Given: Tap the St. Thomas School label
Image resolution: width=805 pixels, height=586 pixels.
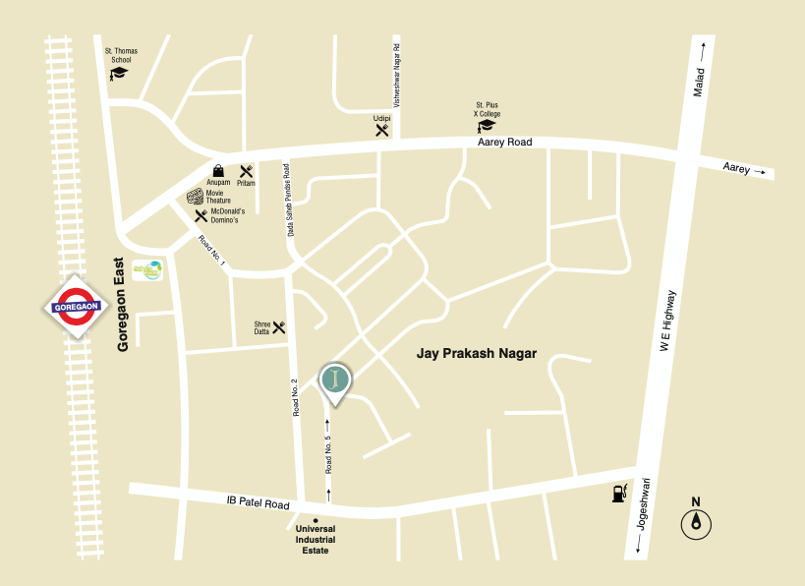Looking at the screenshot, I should [119, 55].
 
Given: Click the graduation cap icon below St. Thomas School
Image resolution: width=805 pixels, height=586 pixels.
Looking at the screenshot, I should [119, 73].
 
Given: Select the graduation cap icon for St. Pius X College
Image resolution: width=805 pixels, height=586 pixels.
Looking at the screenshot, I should [487, 125].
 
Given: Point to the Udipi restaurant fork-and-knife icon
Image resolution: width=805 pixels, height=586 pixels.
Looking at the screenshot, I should [382, 129].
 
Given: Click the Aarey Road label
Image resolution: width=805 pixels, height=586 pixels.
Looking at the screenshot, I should [504, 143].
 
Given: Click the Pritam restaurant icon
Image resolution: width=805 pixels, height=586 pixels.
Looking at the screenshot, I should [246, 172].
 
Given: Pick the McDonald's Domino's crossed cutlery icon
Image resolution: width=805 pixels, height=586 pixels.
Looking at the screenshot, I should [201, 215].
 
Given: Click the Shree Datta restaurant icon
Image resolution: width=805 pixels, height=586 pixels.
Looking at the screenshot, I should [279, 326].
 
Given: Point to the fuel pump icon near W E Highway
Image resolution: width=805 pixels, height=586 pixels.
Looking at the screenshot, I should [617, 492].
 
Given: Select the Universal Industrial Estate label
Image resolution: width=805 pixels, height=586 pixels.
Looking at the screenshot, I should [316, 539].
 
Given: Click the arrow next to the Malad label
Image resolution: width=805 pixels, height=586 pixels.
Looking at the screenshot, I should [703, 47].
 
